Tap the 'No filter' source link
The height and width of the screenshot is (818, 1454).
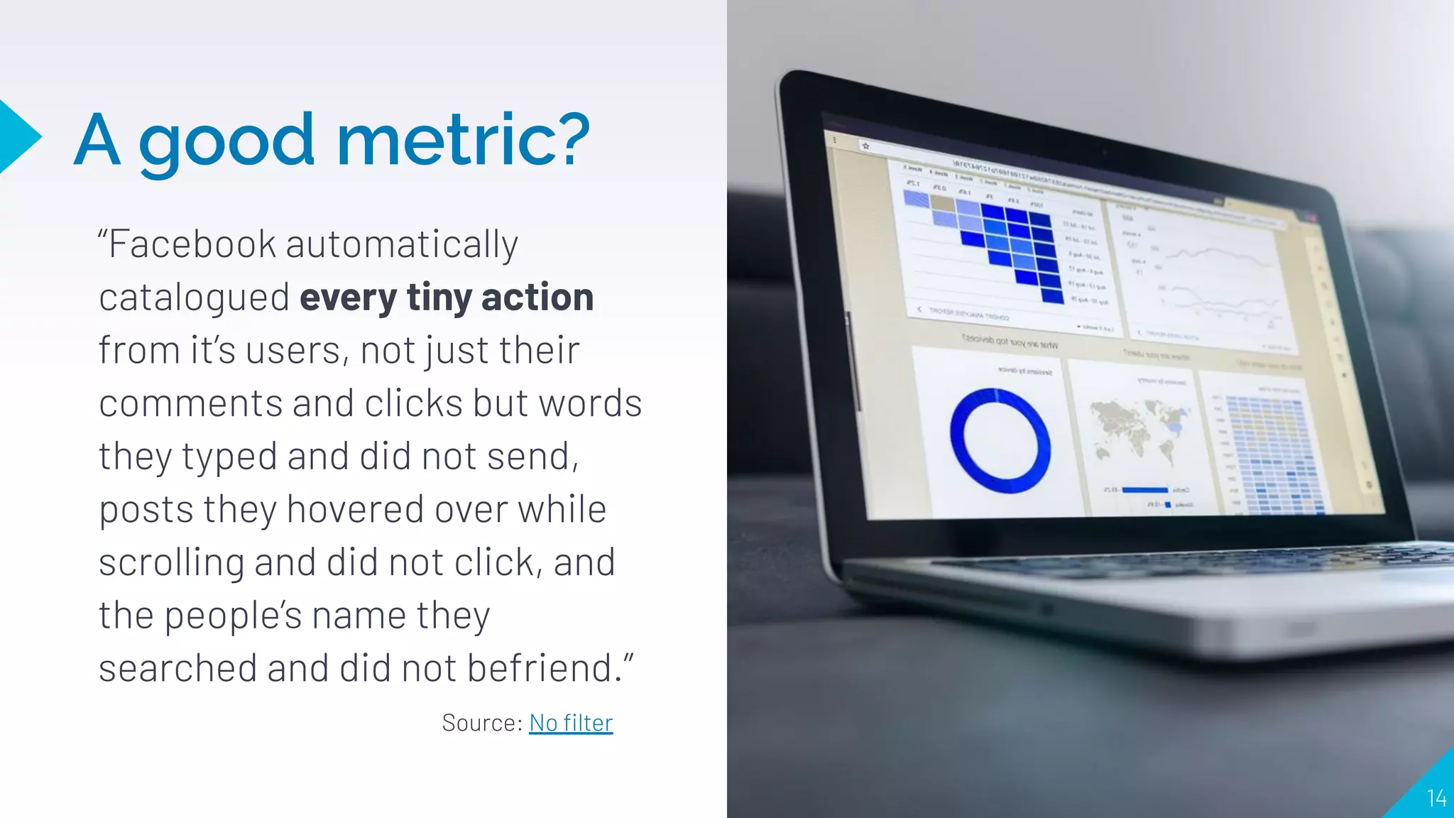[571, 723]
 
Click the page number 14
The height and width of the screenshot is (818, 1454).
[1436, 798]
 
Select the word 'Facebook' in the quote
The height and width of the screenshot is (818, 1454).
[192, 244]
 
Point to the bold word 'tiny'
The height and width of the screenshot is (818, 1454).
[439, 298]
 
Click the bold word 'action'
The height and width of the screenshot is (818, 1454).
[537, 297]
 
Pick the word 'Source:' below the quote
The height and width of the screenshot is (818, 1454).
[482, 723]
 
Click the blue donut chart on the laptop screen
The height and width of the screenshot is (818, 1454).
[1000, 441]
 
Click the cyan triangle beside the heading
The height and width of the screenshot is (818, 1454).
[17, 137]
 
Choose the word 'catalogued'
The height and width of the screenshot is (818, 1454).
[194, 298]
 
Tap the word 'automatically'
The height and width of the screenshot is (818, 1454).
[402, 245]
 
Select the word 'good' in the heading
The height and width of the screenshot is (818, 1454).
[226, 141]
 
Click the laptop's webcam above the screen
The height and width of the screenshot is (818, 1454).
[1104, 152]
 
